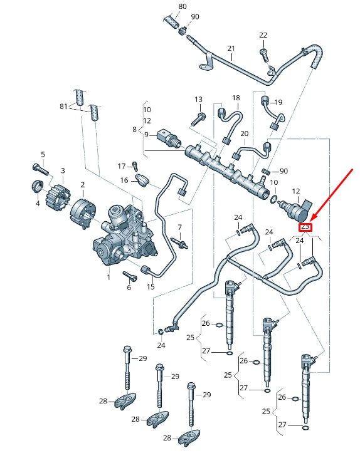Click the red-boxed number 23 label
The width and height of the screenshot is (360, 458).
[x=306, y=227]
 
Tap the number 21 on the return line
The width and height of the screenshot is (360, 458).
[x=231, y=48]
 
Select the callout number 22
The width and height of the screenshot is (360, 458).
[x=263, y=35]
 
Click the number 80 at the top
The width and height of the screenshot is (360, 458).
[x=182, y=6]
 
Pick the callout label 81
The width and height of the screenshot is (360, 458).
[x=63, y=107]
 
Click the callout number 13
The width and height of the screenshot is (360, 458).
[x=198, y=100]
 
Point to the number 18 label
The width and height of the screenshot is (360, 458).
[x=236, y=98]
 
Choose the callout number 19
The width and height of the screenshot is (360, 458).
[x=278, y=102]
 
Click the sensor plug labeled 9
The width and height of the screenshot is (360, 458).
[x=169, y=139]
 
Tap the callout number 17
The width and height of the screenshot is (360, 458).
[x=122, y=166]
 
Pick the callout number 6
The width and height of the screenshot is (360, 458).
[x=129, y=287]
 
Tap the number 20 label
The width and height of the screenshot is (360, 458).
[x=245, y=133]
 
